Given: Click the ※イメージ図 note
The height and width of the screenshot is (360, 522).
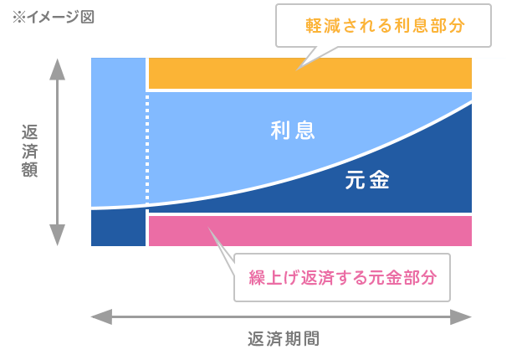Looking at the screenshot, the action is [54, 17].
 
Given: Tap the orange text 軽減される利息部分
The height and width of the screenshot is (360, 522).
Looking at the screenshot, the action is [385, 26].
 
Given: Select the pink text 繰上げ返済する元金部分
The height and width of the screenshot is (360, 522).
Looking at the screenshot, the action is [343, 277].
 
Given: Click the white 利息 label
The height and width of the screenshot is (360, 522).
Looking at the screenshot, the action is [293, 131].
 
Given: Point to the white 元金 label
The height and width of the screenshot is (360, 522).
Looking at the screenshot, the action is [367, 180].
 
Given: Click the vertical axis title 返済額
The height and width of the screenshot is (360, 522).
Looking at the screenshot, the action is [29, 151].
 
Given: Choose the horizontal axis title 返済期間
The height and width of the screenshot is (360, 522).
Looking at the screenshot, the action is [284, 339].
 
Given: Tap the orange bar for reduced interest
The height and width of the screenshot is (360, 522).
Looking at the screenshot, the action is [310, 74].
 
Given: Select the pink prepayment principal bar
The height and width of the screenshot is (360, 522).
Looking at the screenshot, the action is [310, 231].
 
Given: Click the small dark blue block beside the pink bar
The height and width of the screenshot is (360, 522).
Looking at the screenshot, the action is [118, 228].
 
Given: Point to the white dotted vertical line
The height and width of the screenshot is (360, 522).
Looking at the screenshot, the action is [147, 148].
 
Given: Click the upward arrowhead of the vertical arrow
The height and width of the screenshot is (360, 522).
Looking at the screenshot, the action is [57, 69].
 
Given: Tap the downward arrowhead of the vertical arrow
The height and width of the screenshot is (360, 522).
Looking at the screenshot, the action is [57, 235].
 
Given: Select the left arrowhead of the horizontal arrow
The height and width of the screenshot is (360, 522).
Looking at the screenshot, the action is [101, 316].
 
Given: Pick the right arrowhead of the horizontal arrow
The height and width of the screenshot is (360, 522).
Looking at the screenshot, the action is [461, 316].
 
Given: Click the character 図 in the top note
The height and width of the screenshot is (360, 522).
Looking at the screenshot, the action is [87, 17].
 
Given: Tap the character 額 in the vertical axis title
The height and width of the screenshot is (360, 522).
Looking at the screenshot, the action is [29, 169].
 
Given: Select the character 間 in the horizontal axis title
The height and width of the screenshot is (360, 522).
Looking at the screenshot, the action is [311, 339].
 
